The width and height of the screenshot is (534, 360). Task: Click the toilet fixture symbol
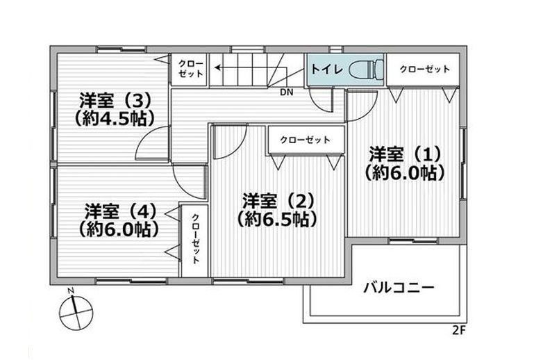pos(367,69)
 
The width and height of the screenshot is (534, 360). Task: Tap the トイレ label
pos(326,69)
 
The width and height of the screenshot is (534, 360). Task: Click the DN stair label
pos(286,92)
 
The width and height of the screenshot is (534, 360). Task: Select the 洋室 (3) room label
pos(115,100)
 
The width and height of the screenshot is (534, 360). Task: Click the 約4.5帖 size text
pos(115,118)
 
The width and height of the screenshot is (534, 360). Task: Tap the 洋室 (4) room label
pos(121,211)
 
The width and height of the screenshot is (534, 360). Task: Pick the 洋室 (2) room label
pos(278,201)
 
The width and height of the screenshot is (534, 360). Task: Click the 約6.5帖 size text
pos(277,219)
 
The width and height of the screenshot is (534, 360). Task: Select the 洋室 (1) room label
pos(406,154)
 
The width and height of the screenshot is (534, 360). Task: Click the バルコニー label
pos(399,288)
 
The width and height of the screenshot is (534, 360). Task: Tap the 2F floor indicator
pos(459,330)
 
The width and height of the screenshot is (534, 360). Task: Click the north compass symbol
pos(76,312)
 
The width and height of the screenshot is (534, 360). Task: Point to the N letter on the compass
pos(71,291)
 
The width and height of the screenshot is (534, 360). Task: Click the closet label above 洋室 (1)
pos(425,69)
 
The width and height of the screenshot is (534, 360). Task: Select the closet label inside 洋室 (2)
pos(305,140)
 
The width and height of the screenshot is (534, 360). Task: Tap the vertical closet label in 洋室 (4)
pos(196,238)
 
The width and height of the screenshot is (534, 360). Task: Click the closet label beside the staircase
pos(190,69)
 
